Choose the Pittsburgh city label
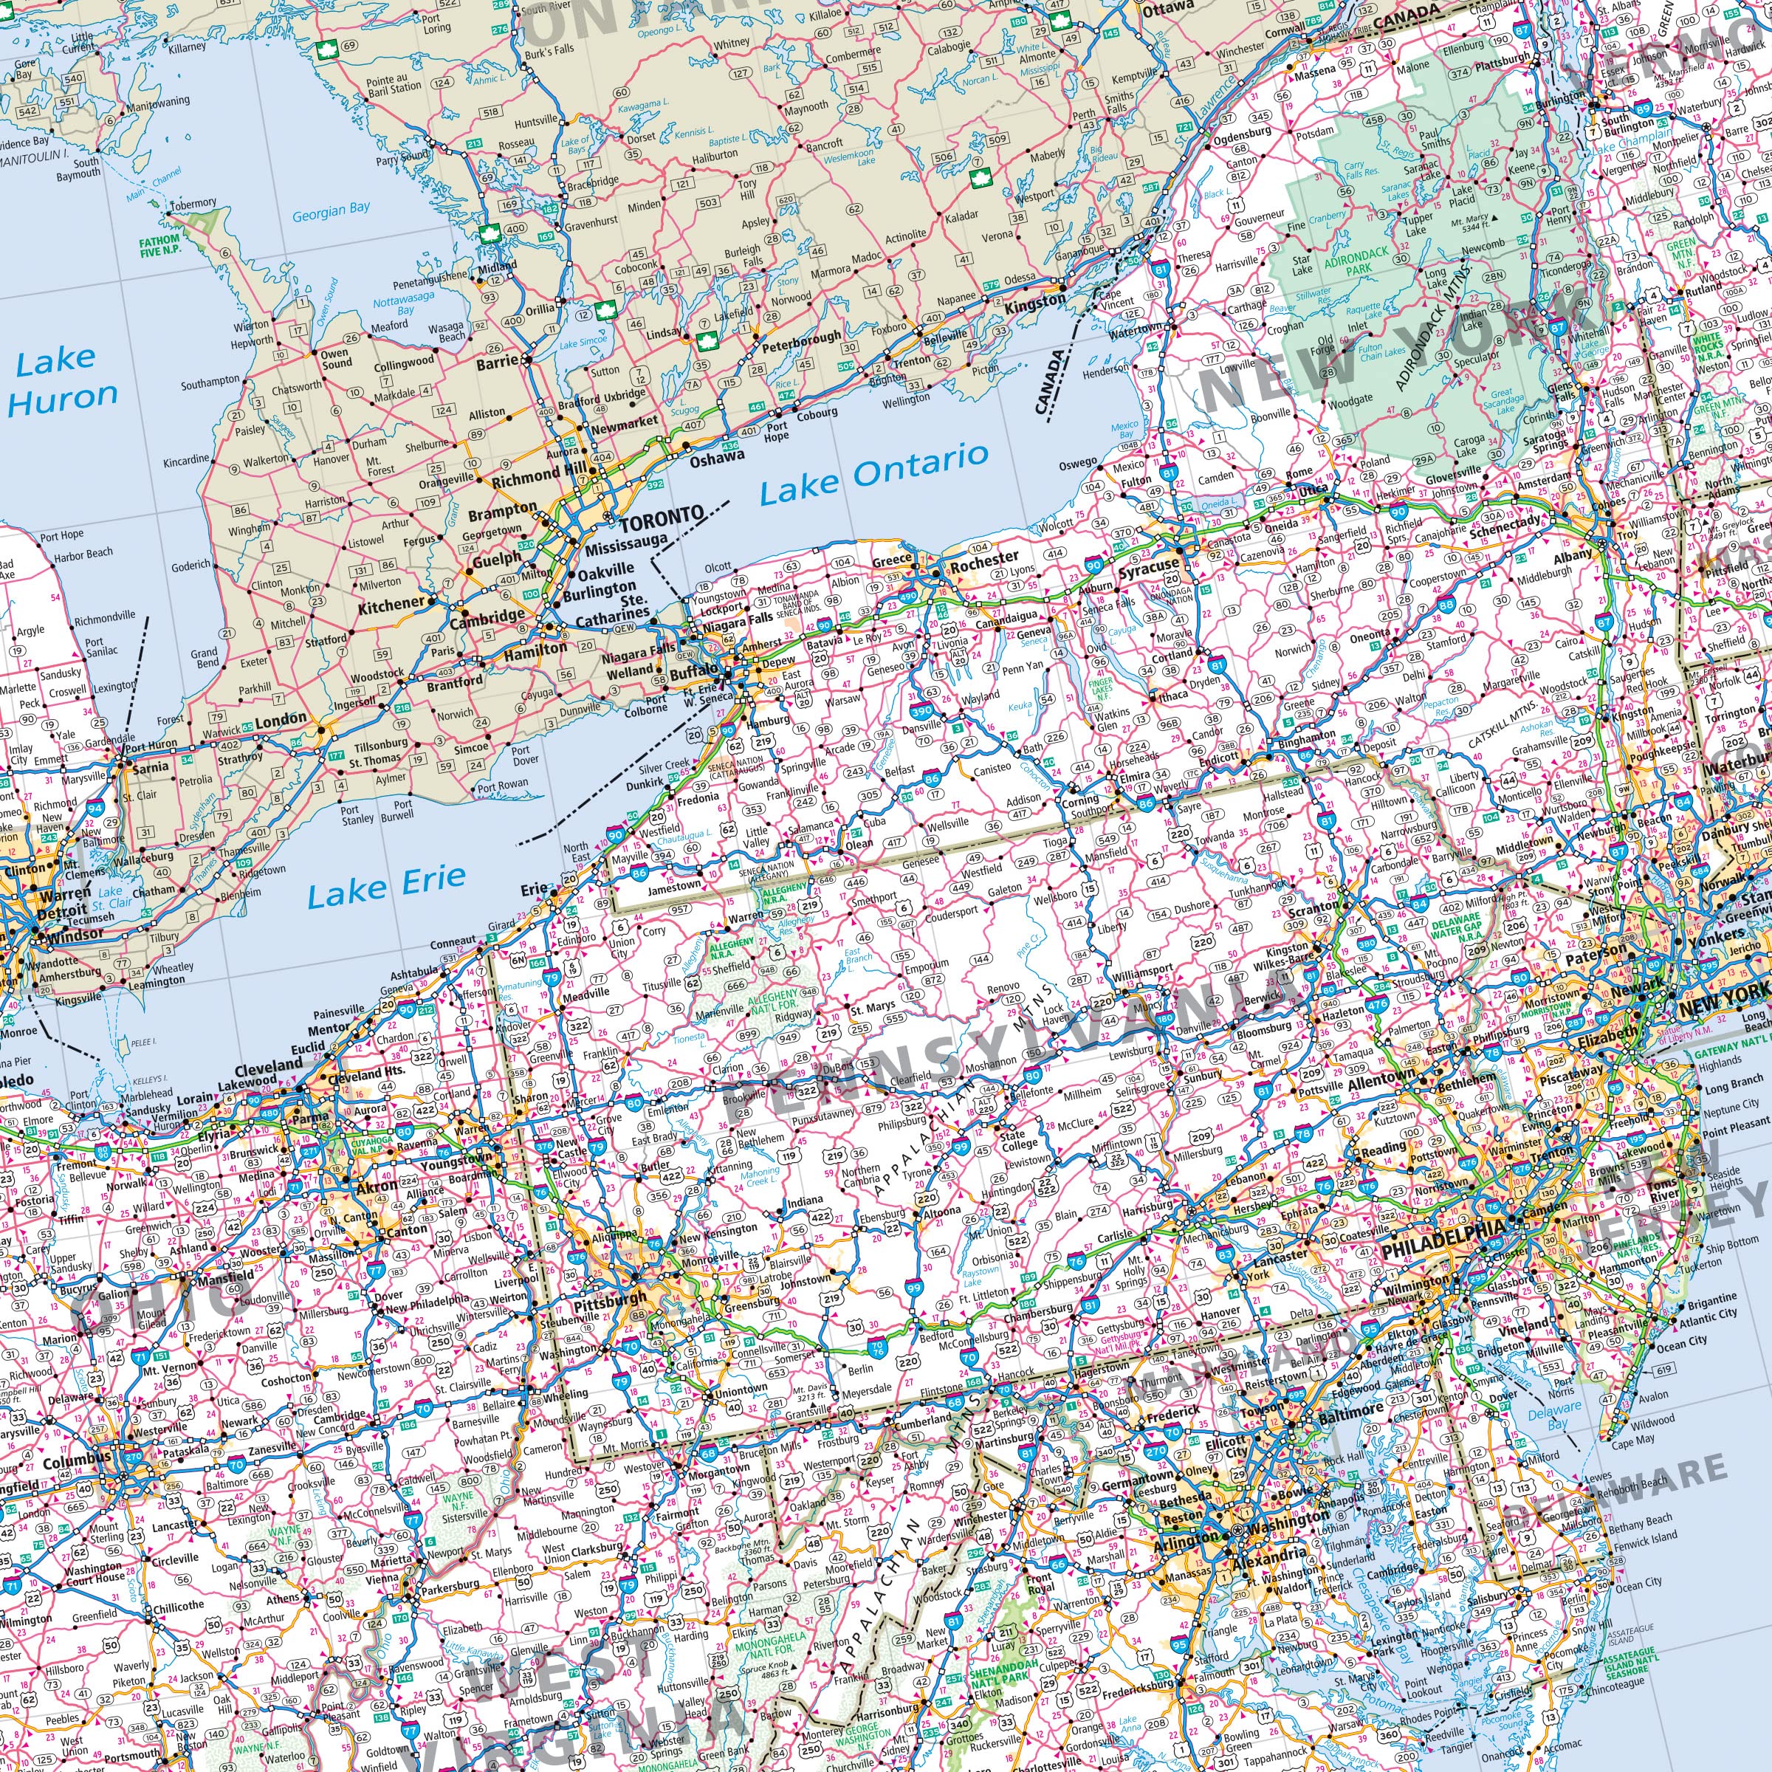pos(610,1302)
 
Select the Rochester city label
pos(984,557)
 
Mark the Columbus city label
pos(76,1461)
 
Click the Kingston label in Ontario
pos(1035,301)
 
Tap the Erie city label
pos(533,889)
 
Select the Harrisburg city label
pos(1147,1208)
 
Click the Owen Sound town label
pos(336,357)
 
